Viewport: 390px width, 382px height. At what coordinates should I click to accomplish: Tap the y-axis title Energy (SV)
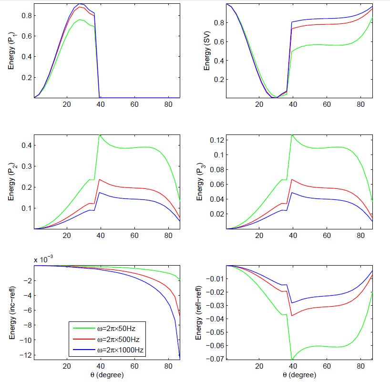pos(206,50)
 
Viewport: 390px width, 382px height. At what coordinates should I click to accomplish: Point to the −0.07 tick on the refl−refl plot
pos(214,359)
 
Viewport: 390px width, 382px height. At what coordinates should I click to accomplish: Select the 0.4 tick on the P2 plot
pos(25,145)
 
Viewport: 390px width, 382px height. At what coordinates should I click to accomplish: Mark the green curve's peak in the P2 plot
pos(100,135)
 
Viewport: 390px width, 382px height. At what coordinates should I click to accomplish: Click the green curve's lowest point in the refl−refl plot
pos(292,359)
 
